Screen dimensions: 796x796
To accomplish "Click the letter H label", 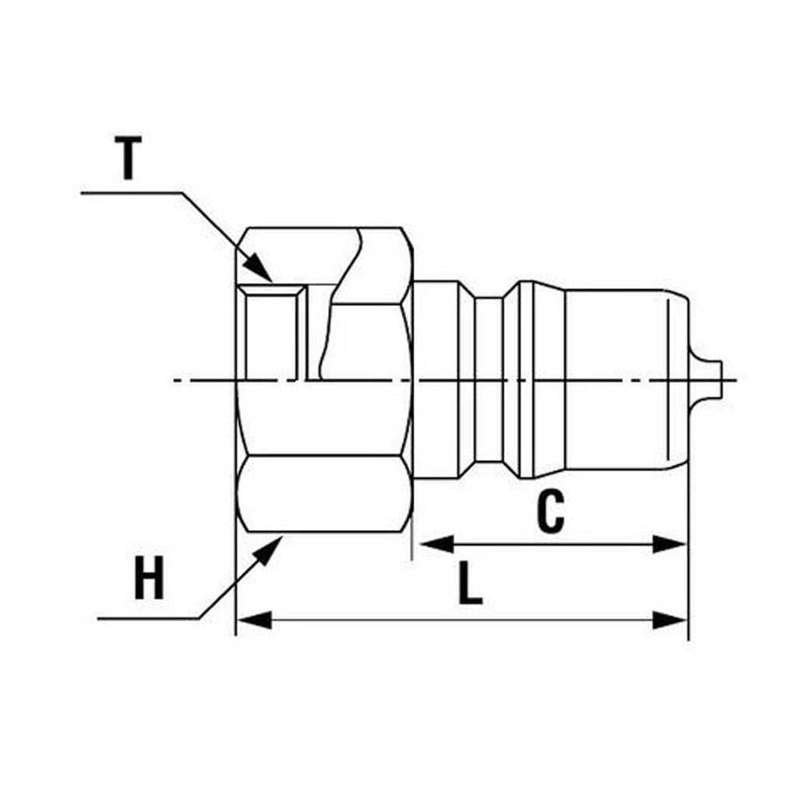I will click(x=148, y=580).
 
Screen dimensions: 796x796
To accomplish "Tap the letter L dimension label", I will click(x=470, y=584).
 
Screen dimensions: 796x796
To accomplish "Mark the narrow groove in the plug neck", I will click(x=489, y=381).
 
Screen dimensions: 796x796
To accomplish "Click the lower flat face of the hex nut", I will click(x=323, y=494).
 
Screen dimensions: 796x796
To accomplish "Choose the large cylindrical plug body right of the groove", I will click(x=614, y=381).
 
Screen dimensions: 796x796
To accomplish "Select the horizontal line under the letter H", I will click(x=148, y=619).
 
